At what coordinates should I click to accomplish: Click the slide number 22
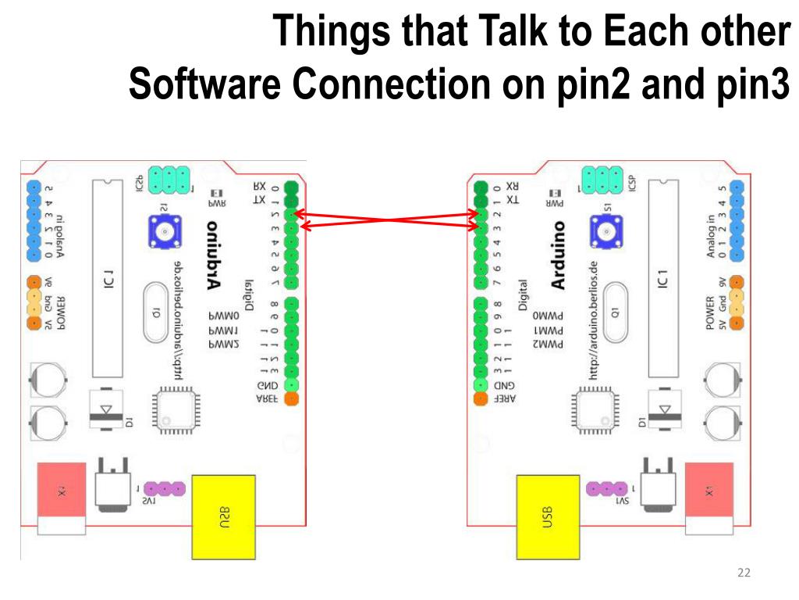click(x=744, y=574)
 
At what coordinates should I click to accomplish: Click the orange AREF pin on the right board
click(x=480, y=400)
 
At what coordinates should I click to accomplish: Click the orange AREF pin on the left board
click(x=291, y=400)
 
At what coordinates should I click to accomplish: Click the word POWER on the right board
click(x=710, y=312)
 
